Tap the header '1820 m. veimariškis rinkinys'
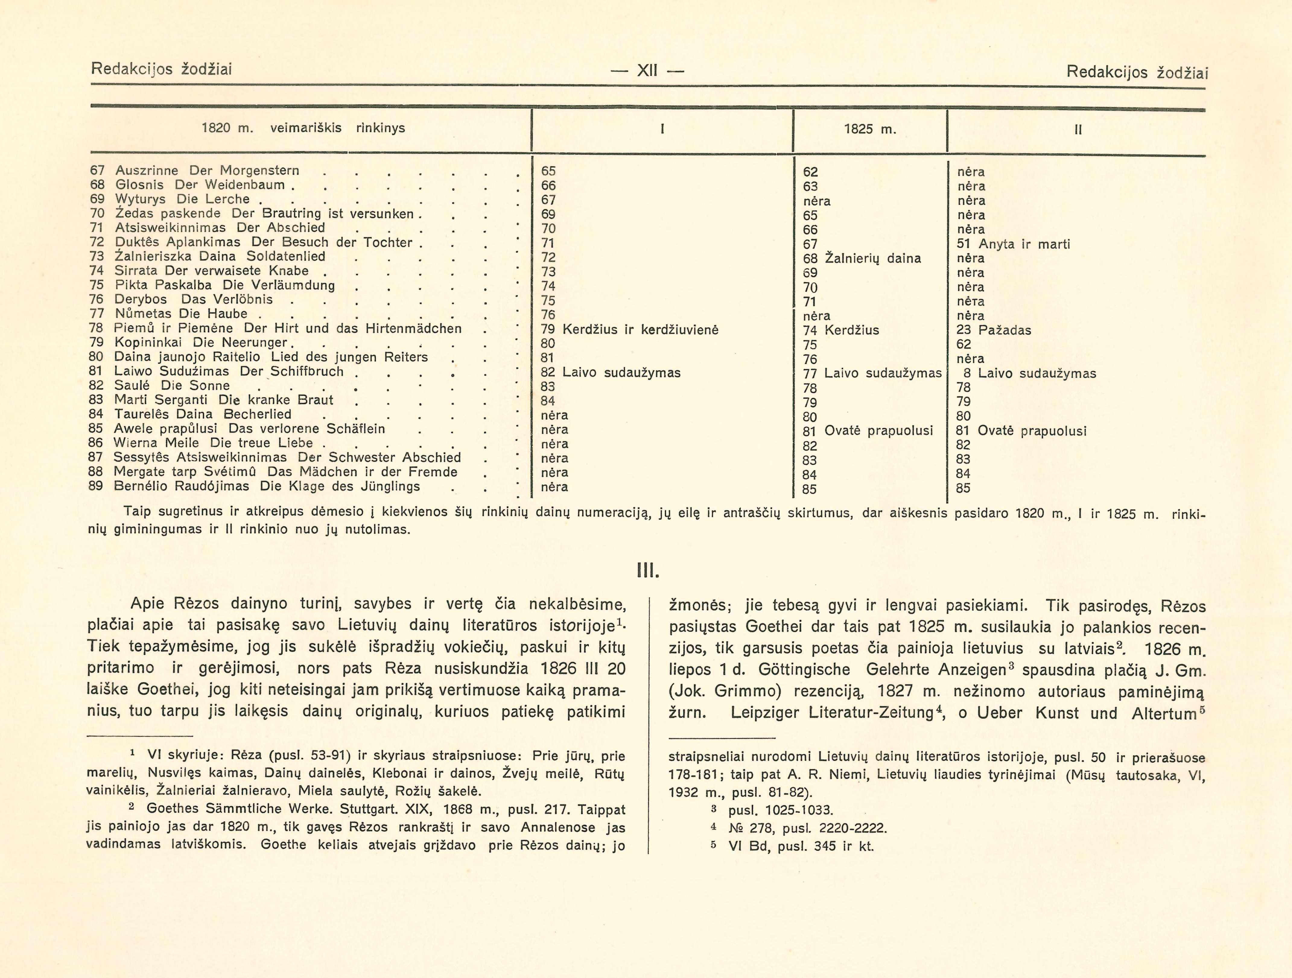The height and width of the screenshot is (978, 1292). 303,128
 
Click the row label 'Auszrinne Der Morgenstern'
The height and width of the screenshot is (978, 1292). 207,171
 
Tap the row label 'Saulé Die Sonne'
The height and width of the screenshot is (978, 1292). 172,385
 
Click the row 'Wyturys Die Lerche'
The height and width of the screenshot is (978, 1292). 182,199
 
